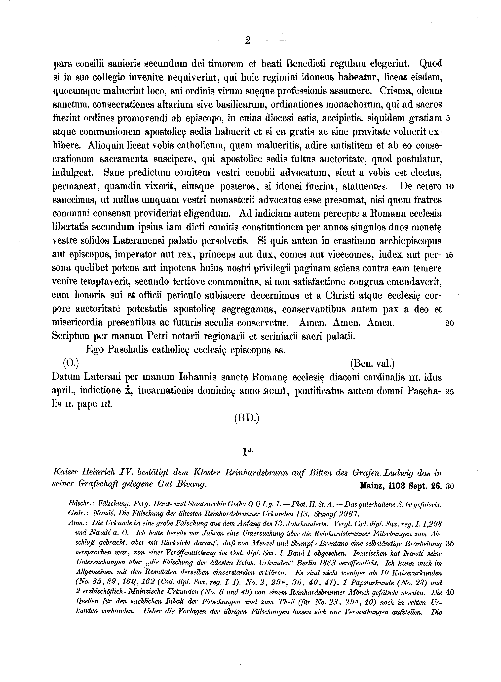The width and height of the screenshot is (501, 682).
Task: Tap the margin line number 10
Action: (x=449, y=187)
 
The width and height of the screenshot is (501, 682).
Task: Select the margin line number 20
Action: (x=449, y=324)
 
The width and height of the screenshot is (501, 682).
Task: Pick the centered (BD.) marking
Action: (x=247, y=419)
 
